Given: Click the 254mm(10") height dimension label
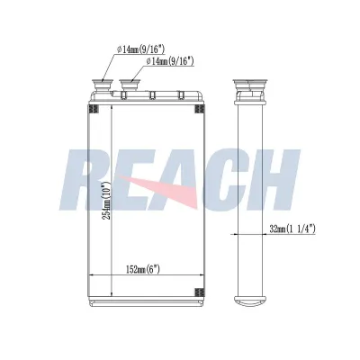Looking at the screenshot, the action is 106,200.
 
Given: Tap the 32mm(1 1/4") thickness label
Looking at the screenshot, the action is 292,229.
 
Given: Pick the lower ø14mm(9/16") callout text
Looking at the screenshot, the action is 169,61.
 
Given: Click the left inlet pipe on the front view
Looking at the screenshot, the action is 102,85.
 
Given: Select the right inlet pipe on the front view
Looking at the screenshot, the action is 130,85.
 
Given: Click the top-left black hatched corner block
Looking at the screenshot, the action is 94,109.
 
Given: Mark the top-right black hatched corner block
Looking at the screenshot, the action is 200,109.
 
